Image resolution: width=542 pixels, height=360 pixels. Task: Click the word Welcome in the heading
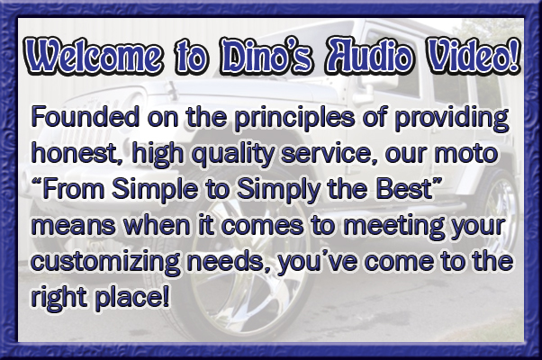[x=94, y=55]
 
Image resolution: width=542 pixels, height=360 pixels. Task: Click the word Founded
[x=86, y=117]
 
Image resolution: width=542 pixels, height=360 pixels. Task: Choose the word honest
[x=78, y=153]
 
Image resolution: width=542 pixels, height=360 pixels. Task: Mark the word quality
[x=232, y=155]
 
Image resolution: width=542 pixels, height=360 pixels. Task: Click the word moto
[x=465, y=154]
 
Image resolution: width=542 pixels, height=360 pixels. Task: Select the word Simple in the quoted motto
[x=155, y=190]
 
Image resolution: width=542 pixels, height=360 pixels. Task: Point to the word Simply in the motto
[x=280, y=190]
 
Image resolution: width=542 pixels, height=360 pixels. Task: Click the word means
[x=73, y=226]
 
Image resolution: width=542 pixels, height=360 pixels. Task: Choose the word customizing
[x=105, y=263]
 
